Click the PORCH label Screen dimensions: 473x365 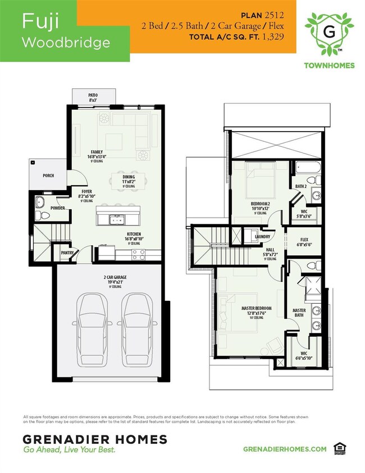(x=48, y=175)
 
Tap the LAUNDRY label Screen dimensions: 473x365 (x=262, y=237)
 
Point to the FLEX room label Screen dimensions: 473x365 (x=304, y=239)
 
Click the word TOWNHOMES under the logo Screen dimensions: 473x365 (x=328, y=65)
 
